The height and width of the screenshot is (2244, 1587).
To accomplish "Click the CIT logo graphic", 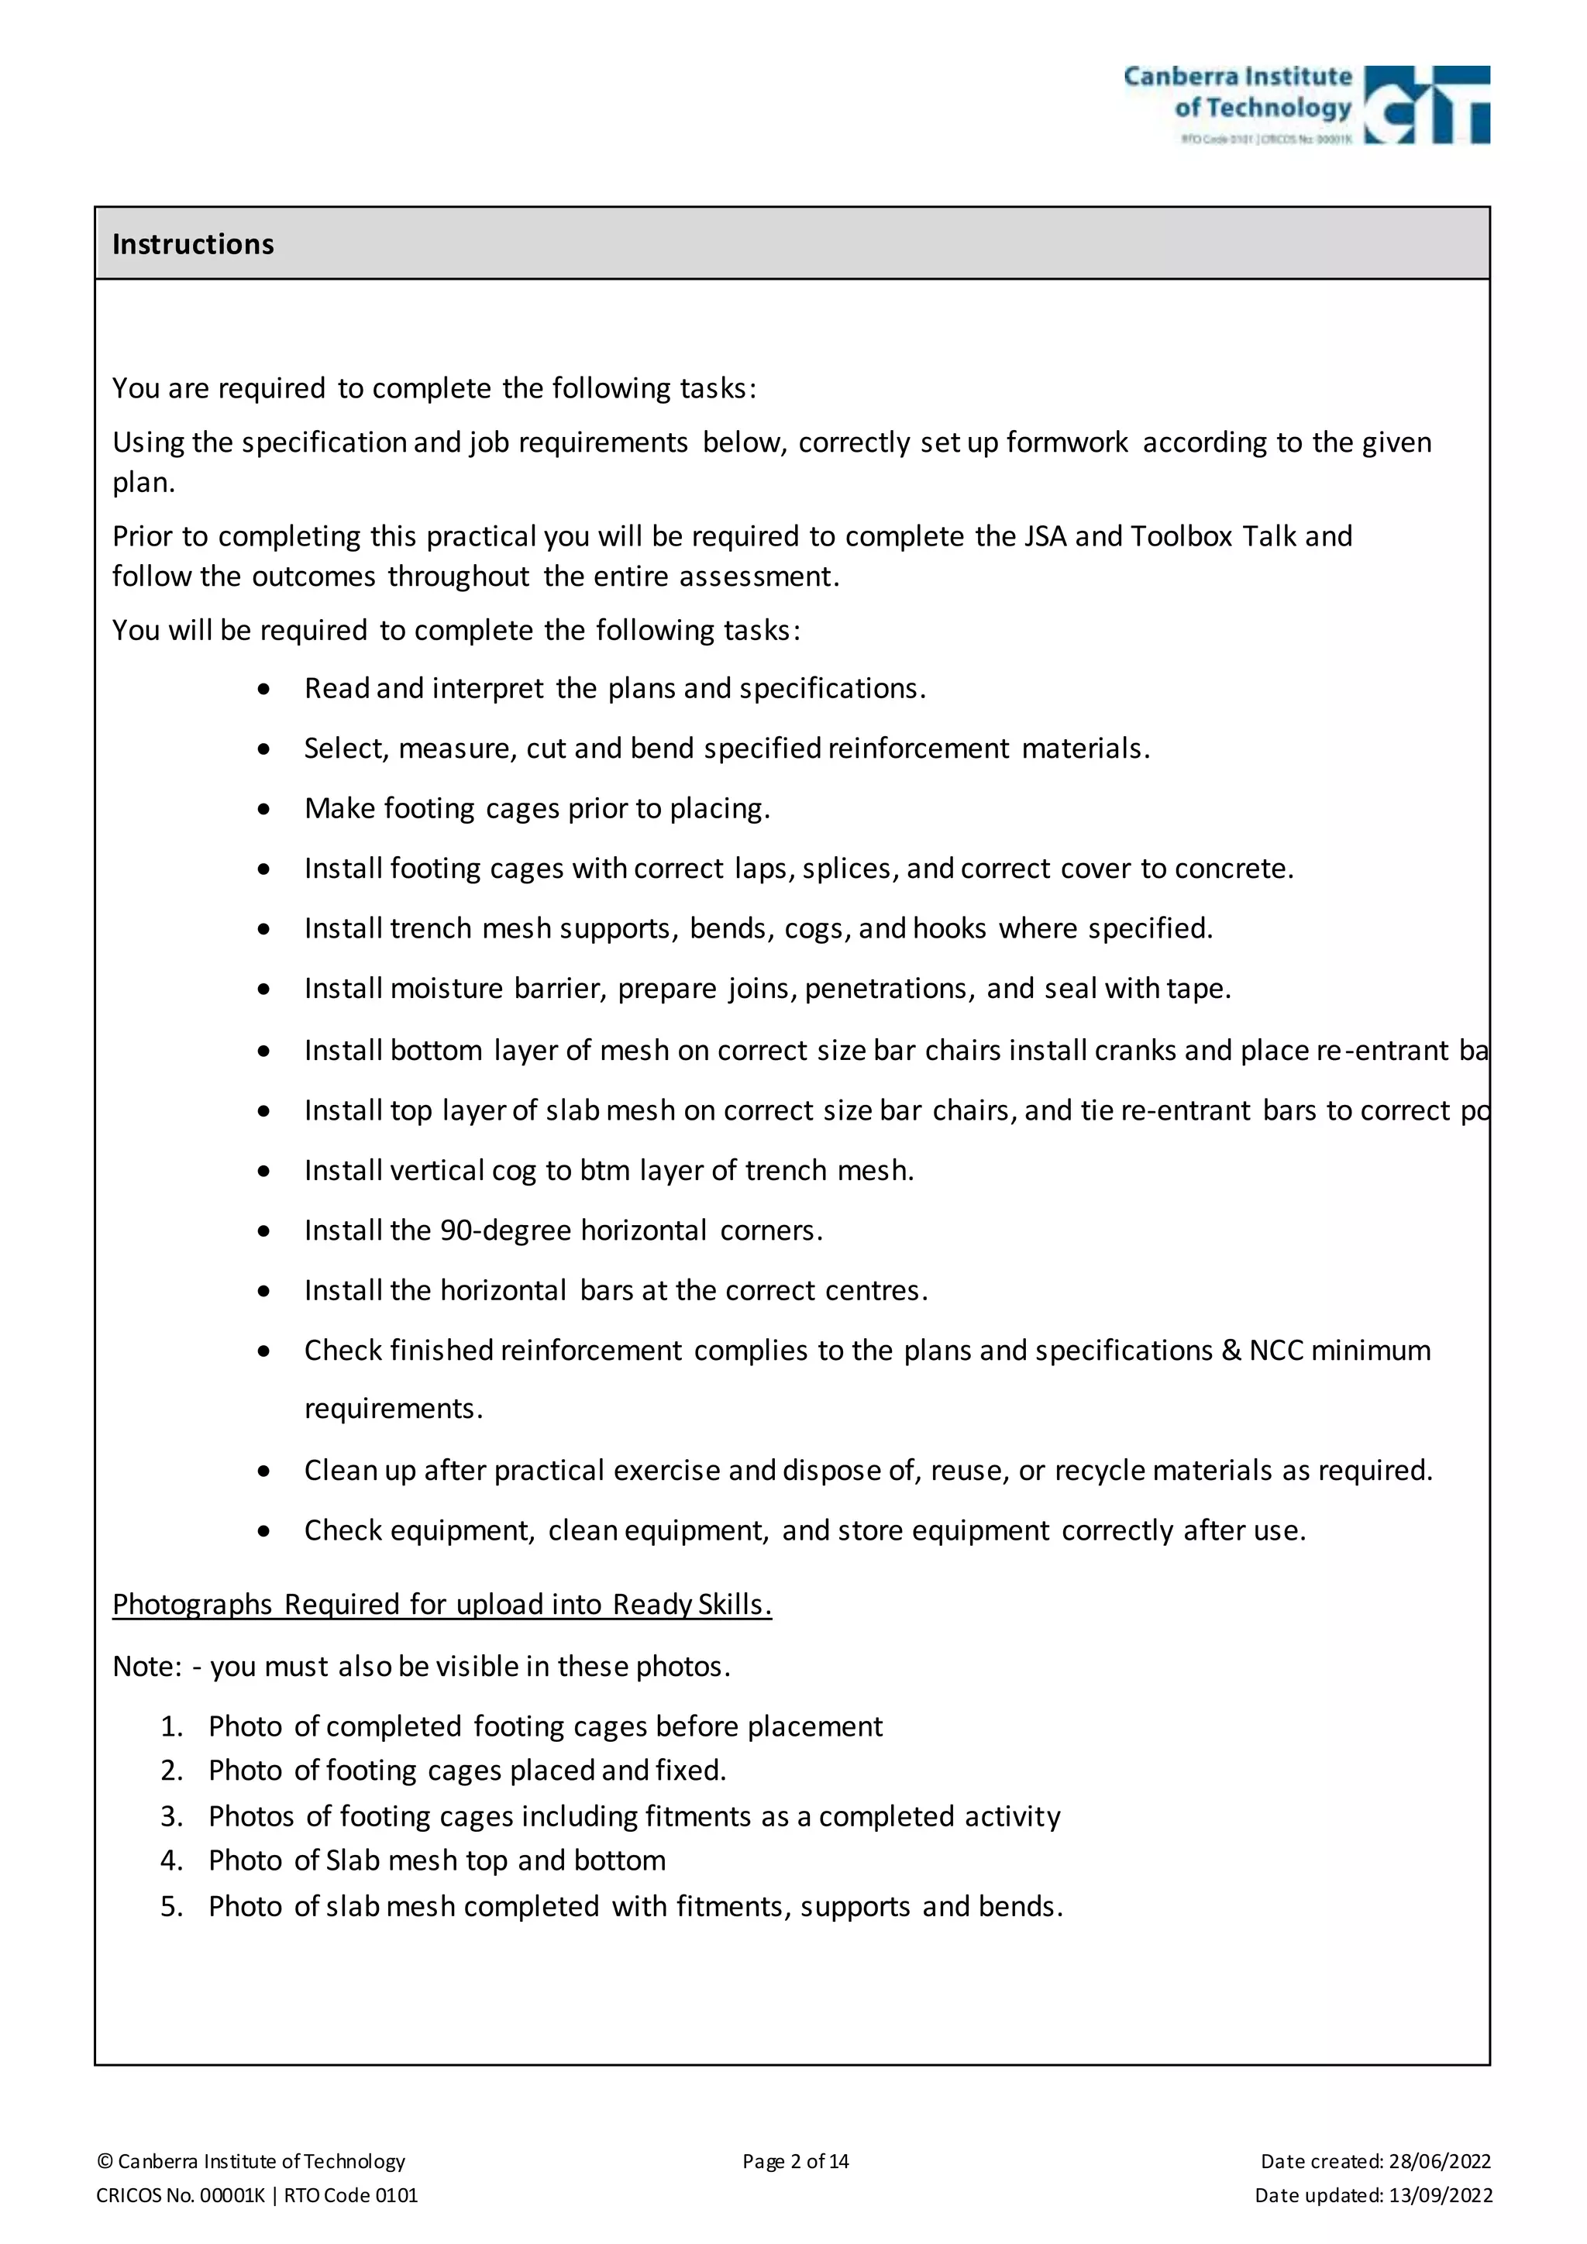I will click(x=1426, y=105).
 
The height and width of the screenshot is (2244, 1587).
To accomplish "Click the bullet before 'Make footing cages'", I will click(x=263, y=809).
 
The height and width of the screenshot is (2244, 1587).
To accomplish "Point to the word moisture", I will click(x=446, y=989).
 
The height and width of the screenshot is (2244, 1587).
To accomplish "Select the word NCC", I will click(x=1275, y=1351).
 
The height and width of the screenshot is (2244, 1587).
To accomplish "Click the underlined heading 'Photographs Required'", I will click(x=442, y=1605).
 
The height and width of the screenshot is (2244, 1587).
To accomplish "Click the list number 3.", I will click(x=171, y=1816).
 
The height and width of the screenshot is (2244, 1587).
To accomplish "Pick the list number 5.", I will click(x=171, y=1906).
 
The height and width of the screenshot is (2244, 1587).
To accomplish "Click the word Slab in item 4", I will click(x=352, y=1861).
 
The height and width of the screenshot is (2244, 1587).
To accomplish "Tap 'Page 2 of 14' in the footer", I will click(x=796, y=2161).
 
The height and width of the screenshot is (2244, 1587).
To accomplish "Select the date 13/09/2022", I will click(x=1440, y=2195).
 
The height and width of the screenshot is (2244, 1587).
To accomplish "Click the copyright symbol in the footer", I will click(x=105, y=2162).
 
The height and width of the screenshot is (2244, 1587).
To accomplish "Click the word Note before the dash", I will click(x=145, y=1667).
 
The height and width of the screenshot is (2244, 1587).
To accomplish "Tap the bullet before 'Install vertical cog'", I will click(x=263, y=1171).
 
